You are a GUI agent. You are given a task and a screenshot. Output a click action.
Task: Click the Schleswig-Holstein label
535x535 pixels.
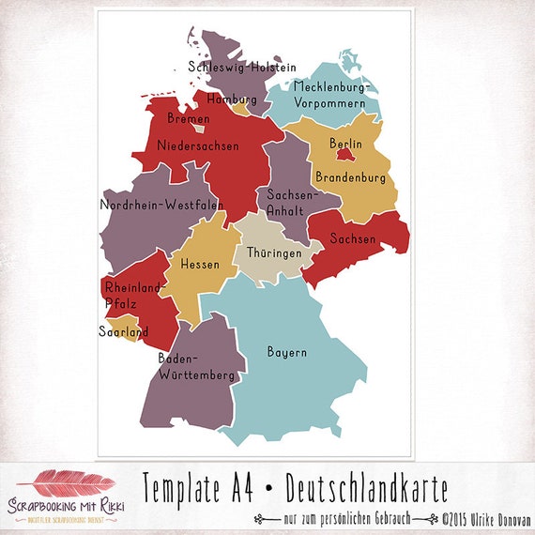(242, 68)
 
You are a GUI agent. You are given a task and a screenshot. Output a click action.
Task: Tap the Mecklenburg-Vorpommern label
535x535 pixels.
(332, 95)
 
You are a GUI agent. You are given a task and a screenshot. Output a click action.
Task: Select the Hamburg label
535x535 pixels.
(232, 99)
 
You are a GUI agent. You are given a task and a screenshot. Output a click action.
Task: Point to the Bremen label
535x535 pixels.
(188, 119)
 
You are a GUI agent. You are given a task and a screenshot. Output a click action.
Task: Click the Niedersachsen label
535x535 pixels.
(199, 145)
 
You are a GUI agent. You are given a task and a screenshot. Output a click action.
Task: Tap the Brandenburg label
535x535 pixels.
(350, 176)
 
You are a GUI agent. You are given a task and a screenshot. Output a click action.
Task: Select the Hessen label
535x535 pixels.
(200, 265)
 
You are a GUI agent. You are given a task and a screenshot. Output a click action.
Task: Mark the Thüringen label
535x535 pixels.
(274, 254)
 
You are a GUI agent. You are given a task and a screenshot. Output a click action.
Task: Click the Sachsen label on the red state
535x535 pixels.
(353, 239)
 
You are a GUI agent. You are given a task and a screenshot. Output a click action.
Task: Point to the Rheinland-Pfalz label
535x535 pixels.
(134, 295)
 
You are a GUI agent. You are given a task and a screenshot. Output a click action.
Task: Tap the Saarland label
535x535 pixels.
(124, 331)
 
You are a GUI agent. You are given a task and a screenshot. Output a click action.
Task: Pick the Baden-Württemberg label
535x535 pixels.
(196, 367)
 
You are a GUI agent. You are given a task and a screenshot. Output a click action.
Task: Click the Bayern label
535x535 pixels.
(287, 353)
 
